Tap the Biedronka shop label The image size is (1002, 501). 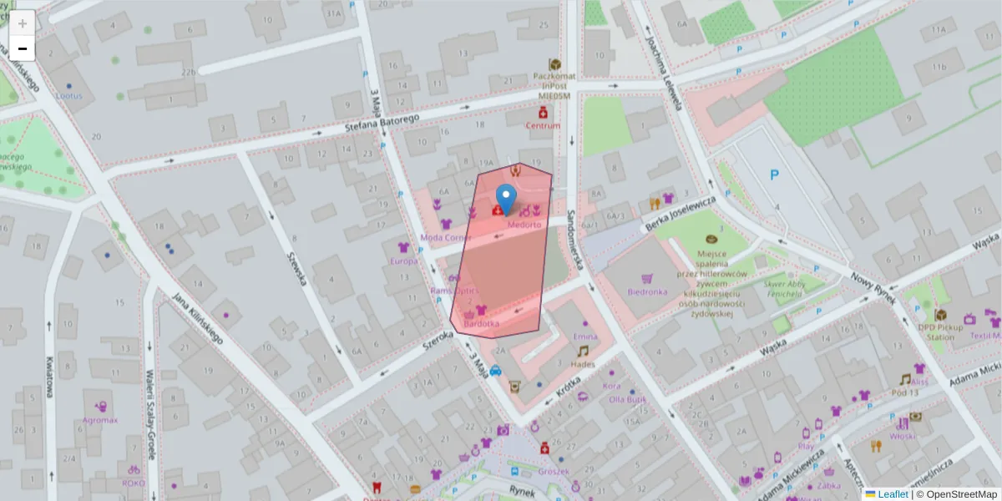click(x=647, y=292)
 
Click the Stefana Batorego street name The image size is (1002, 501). click(x=382, y=124)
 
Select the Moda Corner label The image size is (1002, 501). click(x=446, y=237)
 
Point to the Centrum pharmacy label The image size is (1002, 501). click(x=543, y=126)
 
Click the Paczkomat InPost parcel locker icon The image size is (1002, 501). click(x=553, y=64)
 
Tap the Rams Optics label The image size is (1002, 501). click(x=453, y=291)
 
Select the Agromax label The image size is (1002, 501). click(x=100, y=420)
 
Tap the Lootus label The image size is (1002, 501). click(x=68, y=96)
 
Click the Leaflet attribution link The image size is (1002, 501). click(x=893, y=494)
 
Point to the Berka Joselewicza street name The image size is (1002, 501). click(x=681, y=214)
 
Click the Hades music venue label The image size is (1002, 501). click(x=583, y=364)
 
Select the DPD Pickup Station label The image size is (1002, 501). click(x=940, y=332)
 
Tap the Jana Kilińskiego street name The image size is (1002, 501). click(x=197, y=318)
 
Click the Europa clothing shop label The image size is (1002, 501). click(x=403, y=261)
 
